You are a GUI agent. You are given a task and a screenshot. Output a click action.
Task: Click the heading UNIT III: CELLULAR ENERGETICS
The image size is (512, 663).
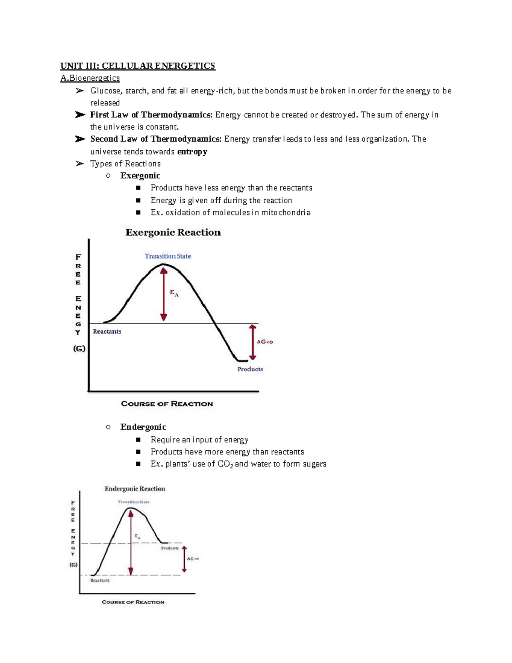[137, 66]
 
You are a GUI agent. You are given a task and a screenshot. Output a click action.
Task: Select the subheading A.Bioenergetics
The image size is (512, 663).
[90, 78]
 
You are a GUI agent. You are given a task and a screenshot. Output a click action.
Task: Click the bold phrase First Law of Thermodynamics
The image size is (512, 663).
[151, 115]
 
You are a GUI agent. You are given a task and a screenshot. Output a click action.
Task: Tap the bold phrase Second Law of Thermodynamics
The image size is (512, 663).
[156, 139]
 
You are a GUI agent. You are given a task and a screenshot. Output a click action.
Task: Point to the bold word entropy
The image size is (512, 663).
[192, 152]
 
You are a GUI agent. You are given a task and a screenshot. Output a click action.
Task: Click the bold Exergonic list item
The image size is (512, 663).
[140, 175]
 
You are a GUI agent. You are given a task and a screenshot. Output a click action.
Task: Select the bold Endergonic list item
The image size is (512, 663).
[143, 427]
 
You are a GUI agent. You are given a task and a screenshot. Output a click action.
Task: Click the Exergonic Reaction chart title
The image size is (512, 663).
[173, 233]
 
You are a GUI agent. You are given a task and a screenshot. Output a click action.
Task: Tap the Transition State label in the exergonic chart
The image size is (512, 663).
[168, 256]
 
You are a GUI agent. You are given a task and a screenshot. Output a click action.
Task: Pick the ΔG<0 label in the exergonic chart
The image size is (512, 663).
[265, 342]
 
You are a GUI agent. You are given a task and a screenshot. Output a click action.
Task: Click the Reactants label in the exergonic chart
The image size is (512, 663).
[107, 332]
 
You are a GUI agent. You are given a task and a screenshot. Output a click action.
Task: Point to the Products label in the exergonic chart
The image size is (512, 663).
[250, 369]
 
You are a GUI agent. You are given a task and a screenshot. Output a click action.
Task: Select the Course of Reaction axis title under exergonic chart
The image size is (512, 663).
[167, 404]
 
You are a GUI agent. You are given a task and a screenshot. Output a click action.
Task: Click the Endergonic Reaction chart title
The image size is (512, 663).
[135, 489]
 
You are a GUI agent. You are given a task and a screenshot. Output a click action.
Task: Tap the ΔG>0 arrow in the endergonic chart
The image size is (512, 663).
[184, 559]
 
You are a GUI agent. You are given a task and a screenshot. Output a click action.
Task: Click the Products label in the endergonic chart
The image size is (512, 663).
[170, 548]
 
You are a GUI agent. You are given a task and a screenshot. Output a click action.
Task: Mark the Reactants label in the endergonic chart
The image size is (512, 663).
[100, 581]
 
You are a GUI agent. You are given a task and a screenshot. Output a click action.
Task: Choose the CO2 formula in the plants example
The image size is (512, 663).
[225, 464]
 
